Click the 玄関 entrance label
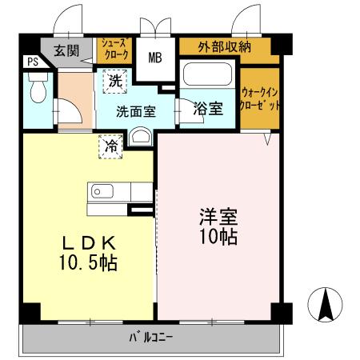[67, 50]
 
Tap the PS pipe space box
[32, 62]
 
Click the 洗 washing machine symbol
[115, 81]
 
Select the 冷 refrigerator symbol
[112, 146]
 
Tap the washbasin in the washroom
[141, 135]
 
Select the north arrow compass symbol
[326, 304]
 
